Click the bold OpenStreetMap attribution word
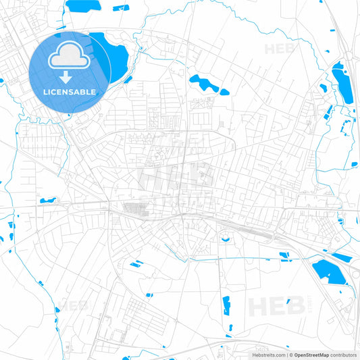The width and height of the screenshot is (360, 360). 311,354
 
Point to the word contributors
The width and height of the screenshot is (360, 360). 343,354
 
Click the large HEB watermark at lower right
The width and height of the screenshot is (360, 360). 276,306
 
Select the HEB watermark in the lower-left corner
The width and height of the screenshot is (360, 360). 74,305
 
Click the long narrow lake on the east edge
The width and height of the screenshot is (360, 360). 342,82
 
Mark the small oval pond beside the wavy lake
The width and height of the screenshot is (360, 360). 224,91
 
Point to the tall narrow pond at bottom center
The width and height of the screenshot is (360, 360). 226,305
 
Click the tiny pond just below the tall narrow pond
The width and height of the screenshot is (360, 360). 230,328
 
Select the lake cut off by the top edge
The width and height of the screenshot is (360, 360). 82,5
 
